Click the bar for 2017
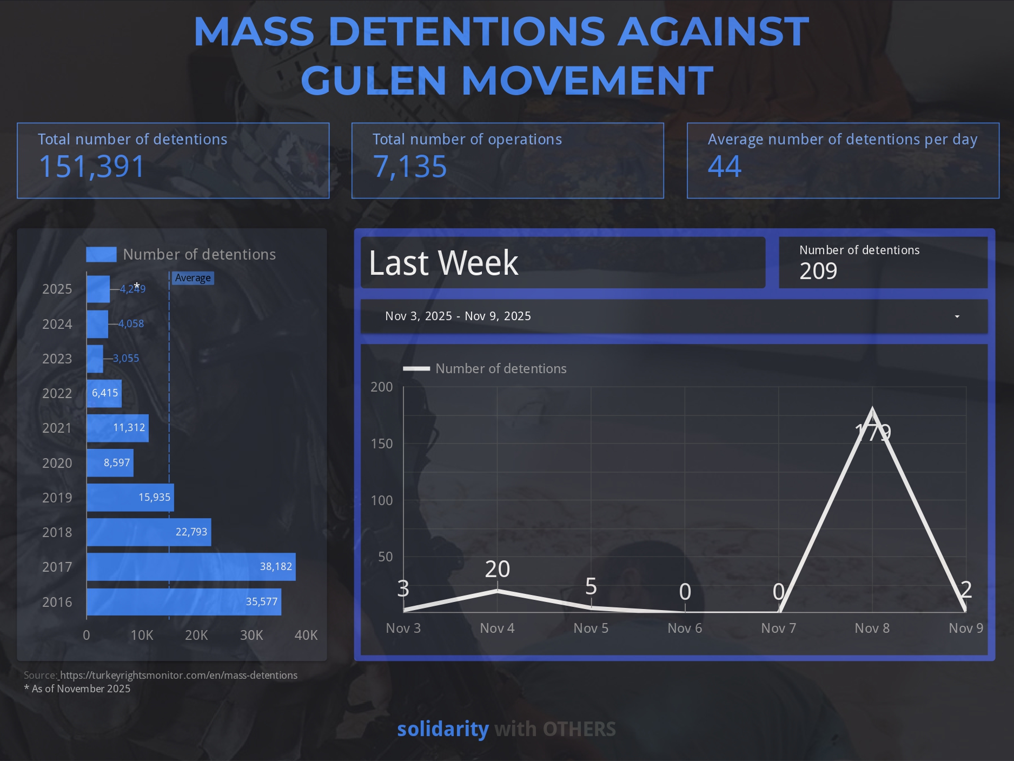coord(191,567)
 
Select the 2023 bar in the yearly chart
coord(95,359)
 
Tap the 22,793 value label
coord(191,532)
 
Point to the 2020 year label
coord(57,463)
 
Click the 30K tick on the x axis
coord(251,635)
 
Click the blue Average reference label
coord(193,278)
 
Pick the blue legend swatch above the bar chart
coord(101,254)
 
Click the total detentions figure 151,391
coord(92,167)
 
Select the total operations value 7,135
coord(410,167)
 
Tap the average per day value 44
coord(725,167)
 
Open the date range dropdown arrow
coord(957,316)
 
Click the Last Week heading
coord(443,263)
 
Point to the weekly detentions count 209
coord(818,271)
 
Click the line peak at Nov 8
coord(872,409)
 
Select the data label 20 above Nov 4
coord(498,569)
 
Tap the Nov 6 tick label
coord(685,628)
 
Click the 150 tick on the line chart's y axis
coord(382,444)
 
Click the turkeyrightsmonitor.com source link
coord(178,675)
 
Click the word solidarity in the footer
coord(443,729)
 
